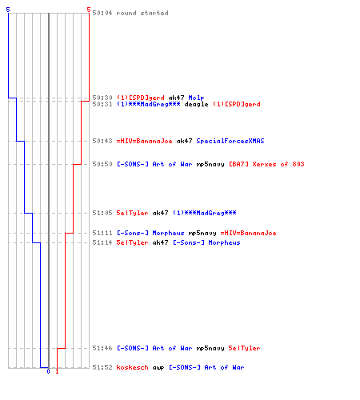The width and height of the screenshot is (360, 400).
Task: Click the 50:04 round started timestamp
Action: (x=102, y=13)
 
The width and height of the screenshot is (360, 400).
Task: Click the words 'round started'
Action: (x=142, y=13)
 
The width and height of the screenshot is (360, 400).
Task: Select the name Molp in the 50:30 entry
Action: (x=196, y=98)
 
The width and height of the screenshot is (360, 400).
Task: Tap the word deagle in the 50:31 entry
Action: (x=196, y=104)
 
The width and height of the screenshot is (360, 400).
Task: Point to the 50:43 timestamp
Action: (x=102, y=141)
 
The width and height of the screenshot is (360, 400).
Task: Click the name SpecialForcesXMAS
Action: (x=230, y=141)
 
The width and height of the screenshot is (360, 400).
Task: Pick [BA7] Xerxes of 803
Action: (x=266, y=164)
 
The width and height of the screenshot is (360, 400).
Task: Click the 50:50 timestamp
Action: (x=102, y=164)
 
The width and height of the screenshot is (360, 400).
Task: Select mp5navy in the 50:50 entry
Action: (x=210, y=164)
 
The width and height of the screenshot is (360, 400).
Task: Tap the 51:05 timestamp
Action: (x=102, y=213)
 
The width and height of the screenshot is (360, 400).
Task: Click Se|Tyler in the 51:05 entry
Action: (x=132, y=213)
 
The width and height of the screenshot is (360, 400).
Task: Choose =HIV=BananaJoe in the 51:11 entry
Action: (x=248, y=233)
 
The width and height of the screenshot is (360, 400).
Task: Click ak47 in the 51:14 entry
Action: (x=160, y=242)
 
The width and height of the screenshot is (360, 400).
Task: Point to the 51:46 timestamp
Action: (x=102, y=348)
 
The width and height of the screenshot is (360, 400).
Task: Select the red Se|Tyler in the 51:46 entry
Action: (x=244, y=348)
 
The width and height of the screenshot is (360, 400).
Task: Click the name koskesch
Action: (x=132, y=367)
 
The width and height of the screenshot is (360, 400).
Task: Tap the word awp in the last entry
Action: (x=158, y=368)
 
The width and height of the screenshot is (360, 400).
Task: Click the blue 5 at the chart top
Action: (x=8, y=10)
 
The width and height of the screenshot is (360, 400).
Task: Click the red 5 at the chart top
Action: (x=89, y=10)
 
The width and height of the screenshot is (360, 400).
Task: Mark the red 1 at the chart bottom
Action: (x=57, y=371)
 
